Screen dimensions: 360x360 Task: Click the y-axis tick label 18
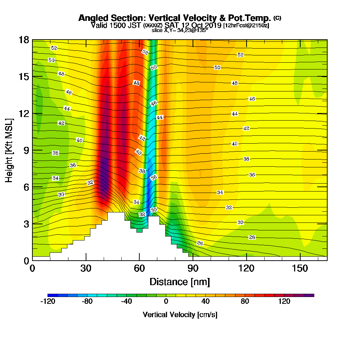click(x=23, y=40)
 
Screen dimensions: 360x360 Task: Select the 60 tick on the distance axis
click(x=139, y=269)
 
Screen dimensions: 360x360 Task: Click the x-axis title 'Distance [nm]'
click(x=180, y=282)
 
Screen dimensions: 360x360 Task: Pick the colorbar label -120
click(x=48, y=301)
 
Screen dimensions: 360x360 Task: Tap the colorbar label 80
click(x=245, y=301)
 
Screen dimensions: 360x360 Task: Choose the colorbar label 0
click(x=166, y=301)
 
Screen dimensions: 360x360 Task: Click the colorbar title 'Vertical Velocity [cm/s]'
click(x=180, y=315)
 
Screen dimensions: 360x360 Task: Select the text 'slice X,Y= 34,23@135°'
click(x=180, y=30)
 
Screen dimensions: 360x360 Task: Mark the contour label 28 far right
click(x=252, y=237)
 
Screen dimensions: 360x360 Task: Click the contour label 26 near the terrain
click(x=200, y=244)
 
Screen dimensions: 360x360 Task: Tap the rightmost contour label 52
click(x=240, y=55)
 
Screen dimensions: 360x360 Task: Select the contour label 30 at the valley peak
click(x=154, y=210)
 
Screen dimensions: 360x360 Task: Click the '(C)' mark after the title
click(x=277, y=18)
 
